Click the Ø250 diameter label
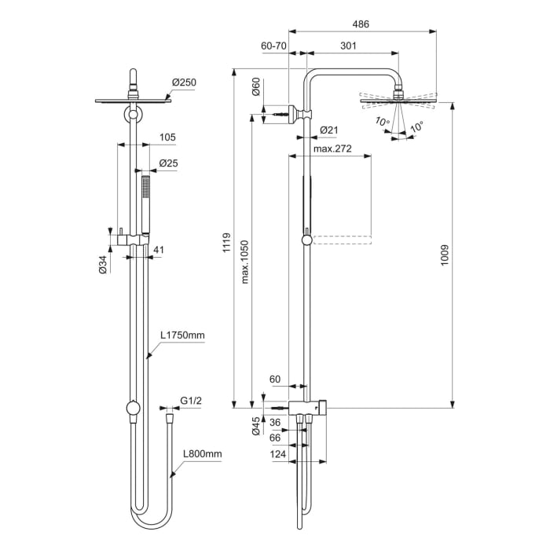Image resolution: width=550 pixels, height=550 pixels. [x=183, y=82]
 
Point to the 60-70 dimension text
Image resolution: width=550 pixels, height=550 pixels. [x=273, y=46]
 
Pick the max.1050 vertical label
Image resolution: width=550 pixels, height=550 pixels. [x=244, y=262]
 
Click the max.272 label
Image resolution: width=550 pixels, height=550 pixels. [x=332, y=148]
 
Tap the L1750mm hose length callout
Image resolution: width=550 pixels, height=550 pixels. [x=182, y=335]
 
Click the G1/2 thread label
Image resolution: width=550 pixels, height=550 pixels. [x=192, y=401]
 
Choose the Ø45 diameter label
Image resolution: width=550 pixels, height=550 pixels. [x=256, y=426]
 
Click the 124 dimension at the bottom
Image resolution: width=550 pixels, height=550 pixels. [x=277, y=456]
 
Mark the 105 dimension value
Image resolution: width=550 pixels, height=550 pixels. [x=167, y=137]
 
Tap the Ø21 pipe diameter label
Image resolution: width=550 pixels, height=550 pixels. [x=328, y=130]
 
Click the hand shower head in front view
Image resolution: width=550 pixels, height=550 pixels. [x=145, y=192]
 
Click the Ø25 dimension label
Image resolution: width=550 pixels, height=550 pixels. [x=168, y=163]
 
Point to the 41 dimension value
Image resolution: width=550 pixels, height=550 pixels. [x=159, y=250]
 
